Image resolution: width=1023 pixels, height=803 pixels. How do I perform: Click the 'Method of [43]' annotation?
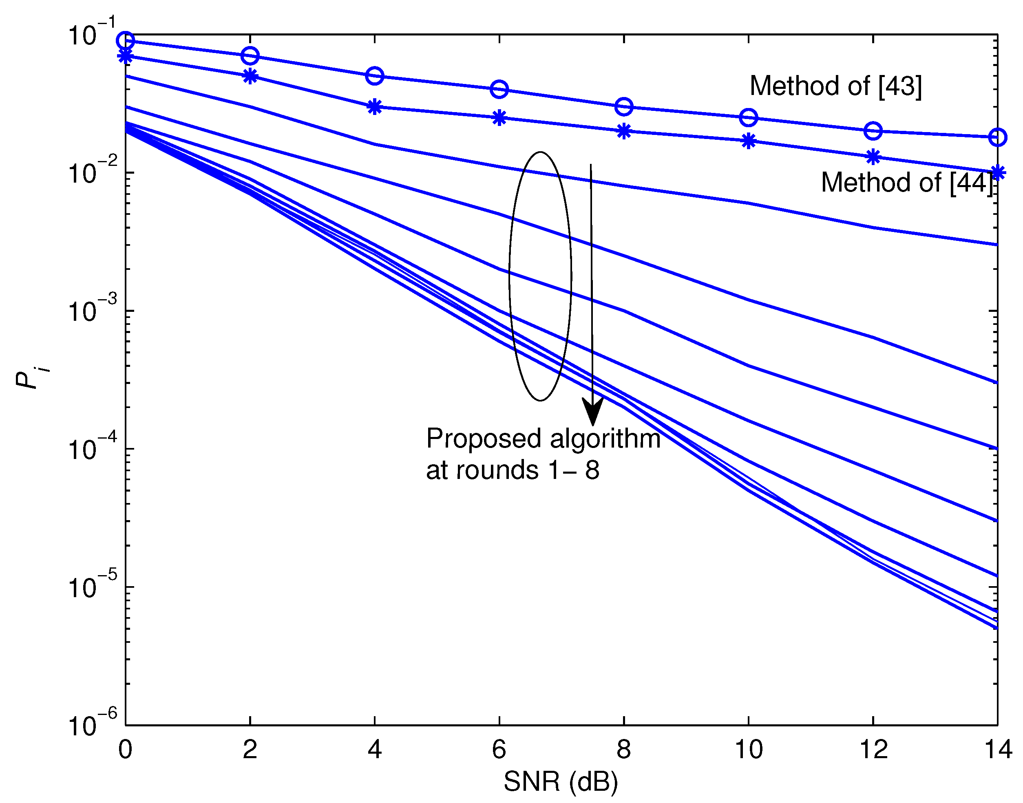coord(835,86)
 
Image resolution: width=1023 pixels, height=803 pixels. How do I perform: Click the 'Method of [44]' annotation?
coord(906,183)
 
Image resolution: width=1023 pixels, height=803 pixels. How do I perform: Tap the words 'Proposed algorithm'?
coord(543,439)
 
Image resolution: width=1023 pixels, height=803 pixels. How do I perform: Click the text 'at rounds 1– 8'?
coord(512,470)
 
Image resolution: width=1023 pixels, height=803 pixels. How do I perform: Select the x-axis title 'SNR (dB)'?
coord(560,781)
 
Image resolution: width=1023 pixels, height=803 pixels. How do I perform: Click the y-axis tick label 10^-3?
coord(92,310)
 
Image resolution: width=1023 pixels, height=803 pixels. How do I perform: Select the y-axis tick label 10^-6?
coord(92,724)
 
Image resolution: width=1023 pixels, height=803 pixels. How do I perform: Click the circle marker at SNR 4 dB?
coord(374,75)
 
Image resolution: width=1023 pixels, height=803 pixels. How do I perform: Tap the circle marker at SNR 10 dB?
coord(748,117)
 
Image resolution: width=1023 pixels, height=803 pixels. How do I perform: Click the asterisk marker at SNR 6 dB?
coord(499,117)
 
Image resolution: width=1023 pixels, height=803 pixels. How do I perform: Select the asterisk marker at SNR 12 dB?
coord(873,157)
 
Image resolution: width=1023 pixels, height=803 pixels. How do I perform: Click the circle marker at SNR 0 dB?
coord(125,41)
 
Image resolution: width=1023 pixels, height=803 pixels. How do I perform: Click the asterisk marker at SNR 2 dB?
coord(250,76)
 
